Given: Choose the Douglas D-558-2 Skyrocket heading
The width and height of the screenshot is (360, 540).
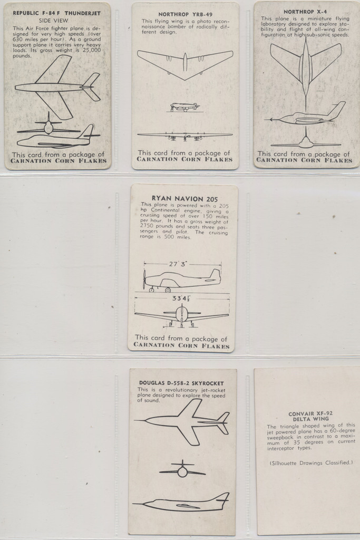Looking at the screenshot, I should [181, 383].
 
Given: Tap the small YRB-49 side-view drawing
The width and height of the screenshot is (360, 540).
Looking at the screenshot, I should [184, 107].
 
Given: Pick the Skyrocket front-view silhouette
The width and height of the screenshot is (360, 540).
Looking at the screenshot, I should [182, 469].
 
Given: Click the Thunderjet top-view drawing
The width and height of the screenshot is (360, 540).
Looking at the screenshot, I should [58, 87].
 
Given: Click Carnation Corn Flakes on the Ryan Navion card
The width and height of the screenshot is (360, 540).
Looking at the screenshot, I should [182, 346].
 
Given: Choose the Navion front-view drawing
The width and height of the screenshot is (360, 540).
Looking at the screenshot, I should [182, 315].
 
